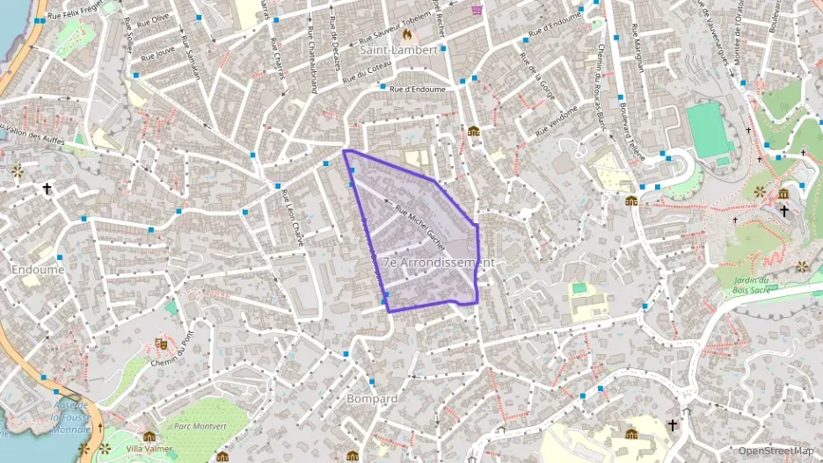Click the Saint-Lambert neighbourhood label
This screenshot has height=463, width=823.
(398, 50)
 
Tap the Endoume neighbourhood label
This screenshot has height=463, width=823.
(38, 270)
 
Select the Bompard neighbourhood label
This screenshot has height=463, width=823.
(374, 398)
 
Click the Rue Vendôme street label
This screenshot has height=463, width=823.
(557, 119)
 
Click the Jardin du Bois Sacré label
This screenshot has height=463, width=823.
(750, 284)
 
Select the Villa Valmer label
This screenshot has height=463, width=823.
(149, 448)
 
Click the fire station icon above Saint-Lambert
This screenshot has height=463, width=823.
(406, 34)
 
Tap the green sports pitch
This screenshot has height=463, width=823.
(709, 130)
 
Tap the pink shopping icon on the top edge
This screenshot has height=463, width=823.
(477, 10)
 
